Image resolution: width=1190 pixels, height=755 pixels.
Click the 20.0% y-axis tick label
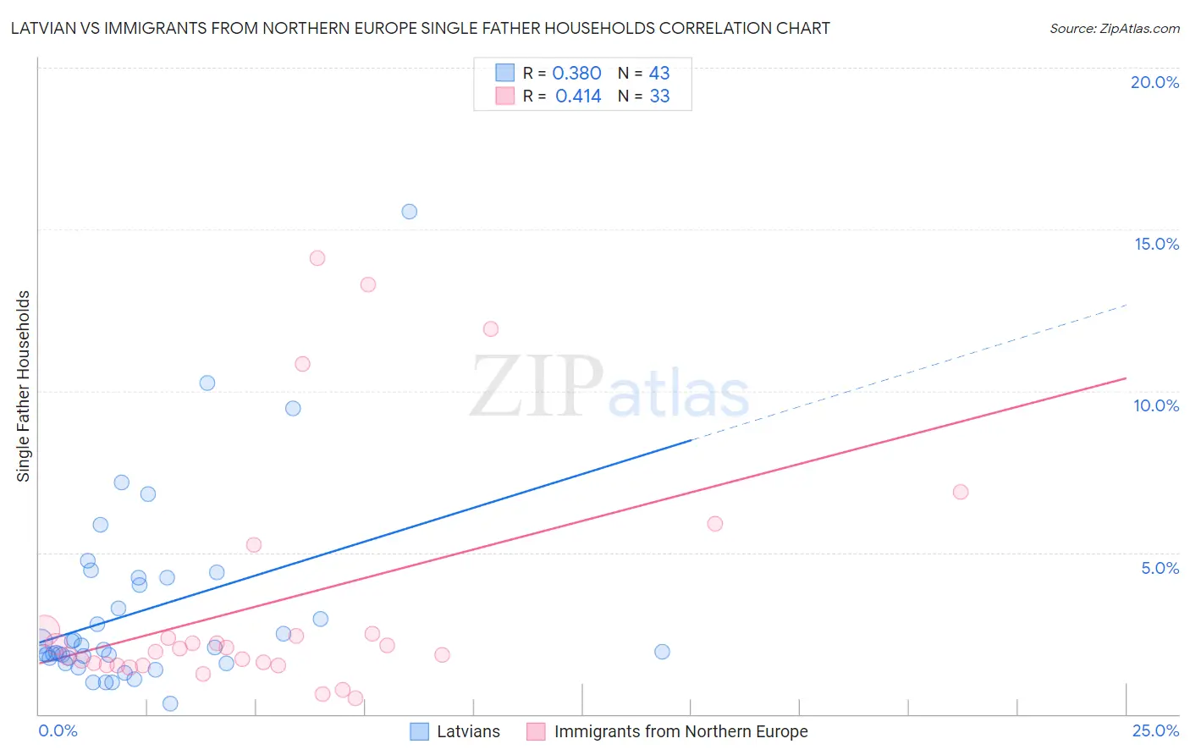click(x=1154, y=82)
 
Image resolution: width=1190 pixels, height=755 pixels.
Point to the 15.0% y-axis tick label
click(x=1156, y=244)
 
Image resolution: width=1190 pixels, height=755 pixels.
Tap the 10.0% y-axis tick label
click(x=1156, y=405)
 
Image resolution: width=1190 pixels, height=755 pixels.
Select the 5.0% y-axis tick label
click(x=1160, y=568)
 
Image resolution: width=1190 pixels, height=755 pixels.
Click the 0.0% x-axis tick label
click(x=58, y=730)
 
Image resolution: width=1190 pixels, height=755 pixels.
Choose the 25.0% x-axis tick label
click(x=1155, y=730)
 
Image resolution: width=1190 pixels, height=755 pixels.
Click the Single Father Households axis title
click(x=24, y=386)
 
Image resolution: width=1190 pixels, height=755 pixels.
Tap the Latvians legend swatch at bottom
click(x=419, y=731)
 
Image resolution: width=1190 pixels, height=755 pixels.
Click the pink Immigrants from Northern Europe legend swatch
click(x=536, y=731)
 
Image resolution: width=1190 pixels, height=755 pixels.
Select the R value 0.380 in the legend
click(x=576, y=74)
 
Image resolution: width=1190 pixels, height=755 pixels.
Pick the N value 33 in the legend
click(x=659, y=96)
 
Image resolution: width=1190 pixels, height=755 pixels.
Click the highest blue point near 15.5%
click(x=410, y=212)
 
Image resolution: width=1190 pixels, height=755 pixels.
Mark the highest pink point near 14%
click(x=317, y=258)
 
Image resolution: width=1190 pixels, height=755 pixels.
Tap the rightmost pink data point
click(x=961, y=492)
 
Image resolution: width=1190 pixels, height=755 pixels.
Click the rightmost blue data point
click(x=663, y=652)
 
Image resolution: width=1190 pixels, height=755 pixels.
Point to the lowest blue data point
click(x=170, y=703)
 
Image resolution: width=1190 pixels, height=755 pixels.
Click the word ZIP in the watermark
click(x=537, y=387)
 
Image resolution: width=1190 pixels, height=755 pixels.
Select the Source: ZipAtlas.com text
click(x=1114, y=29)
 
